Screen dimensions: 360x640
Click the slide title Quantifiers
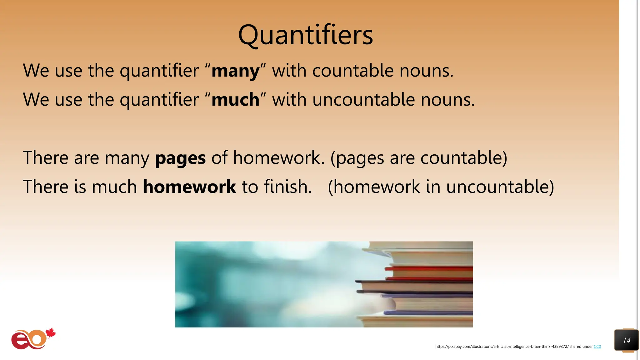click(x=305, y=35)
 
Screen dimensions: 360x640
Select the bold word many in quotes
click(x=235, y=71)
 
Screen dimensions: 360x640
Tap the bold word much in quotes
click(x=235, y=100)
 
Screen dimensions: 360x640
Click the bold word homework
click(x=189, y=187)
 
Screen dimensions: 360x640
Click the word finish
click(x=287, y=187)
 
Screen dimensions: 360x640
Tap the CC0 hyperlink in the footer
click(x=597, y=347)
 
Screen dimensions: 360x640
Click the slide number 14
click(x=627, y=340)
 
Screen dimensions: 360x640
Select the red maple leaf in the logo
click(x=51, y=333)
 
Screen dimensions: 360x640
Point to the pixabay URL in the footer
click(x=502, y=347)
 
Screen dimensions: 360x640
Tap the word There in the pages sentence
click(x=46, y=158)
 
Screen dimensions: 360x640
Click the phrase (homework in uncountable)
click(x=441, y=187)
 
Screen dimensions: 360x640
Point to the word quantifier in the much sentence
click(x=159, y=100)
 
